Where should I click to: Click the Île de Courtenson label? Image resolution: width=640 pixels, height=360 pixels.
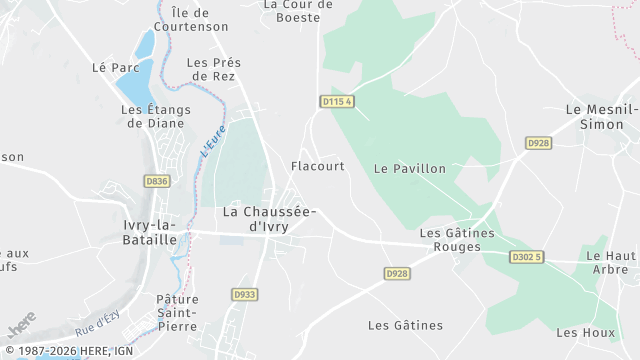pyautogui.click(x=200, y=19)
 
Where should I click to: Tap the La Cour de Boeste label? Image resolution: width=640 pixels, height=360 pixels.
pyautogui.click(x=298, y=10)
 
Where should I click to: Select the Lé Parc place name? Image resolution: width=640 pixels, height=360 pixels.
pyautogui.click(x=115, y=68)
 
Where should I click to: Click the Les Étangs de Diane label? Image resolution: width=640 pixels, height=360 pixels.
pyautogui.click(x=153, y=116)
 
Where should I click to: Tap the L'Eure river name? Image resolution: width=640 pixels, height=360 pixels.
pyautogui.click(x=213, y=139)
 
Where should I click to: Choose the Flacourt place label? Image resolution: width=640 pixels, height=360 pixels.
pyautogui.click(x=318, y=166)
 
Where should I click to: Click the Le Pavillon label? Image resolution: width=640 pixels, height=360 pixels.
pyautogui.click(x=410, y=169)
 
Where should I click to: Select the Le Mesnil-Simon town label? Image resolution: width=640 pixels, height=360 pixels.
pyautogui.click(x=602, y=117)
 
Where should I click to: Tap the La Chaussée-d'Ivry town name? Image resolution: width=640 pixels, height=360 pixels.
pyautogui.click(x=270, y=219)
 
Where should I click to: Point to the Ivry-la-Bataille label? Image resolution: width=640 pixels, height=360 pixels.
pyautogui.click(x=150, y=233)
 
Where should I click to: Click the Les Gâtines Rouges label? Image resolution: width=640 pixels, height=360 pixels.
pyautogui.click(x=457, y=240)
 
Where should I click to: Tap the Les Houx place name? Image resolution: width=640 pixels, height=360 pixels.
pyautogui.click(x=585, y=332)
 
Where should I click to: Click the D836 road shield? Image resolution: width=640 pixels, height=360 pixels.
pyautogui.click(x=156, y=181)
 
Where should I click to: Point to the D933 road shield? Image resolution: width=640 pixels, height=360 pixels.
pyautogui.click(x=244, y=294)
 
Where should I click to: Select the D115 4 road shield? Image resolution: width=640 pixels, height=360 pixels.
pyautogui.click(x=338, y=102)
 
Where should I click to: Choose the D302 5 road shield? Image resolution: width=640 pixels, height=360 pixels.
pyautogui.click(x=527, y=257)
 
